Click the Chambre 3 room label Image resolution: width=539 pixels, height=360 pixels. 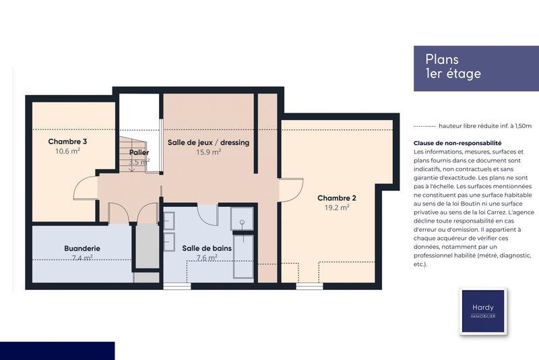[67, 142]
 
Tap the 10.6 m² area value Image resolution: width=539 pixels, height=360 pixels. [67, 152]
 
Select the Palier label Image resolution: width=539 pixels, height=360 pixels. [139, 152]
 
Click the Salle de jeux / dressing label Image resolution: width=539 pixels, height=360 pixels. [208, 142]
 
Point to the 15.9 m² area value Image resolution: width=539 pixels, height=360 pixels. [208, 152]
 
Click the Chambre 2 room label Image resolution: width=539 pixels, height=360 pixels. [336, 198]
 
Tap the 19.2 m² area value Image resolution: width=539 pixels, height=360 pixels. [336, 208]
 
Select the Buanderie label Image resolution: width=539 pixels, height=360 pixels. [82, 248]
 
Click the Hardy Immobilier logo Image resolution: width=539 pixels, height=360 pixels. [482, 312]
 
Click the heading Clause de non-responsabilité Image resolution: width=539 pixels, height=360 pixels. [457, 144]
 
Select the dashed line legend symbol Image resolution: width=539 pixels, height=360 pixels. [424, 126]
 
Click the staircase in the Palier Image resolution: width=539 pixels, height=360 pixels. [133, 154]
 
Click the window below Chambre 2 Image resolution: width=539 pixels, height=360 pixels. [309, 287]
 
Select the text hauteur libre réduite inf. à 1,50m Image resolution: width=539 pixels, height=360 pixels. [485, 126]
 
